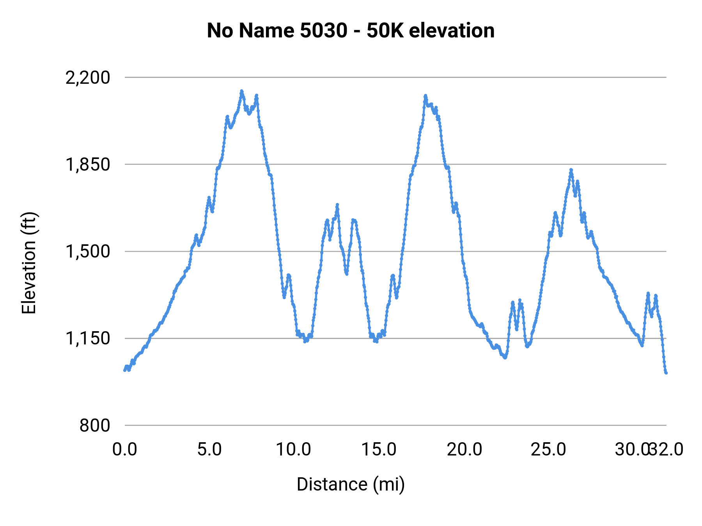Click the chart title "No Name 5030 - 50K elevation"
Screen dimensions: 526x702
click(x=351, y=30)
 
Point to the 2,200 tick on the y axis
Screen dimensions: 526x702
click(x=88, y=78)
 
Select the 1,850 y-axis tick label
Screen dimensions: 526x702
click(x=88, y=164)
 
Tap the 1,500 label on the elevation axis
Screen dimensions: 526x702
click(x=88, y=251)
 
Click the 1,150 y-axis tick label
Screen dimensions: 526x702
click(x=88, y=338)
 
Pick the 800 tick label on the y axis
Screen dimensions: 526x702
click(x=95, y=425)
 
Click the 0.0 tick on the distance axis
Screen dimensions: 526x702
click(x=125, y=449)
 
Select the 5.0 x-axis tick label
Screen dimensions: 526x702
click(x=209, y=449)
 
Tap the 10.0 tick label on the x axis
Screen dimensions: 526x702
click(x=294, y=449)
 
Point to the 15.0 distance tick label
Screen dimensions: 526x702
click(x=379, y=449)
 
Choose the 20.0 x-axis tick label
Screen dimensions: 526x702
click(x=464, y=449)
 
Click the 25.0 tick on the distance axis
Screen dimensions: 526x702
click(x=548, y=449)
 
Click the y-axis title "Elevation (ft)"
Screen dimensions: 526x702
click(x=29, y=263)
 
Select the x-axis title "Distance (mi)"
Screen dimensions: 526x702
click(x=351, y=484)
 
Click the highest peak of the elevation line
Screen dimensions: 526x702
click(x=241, y=91)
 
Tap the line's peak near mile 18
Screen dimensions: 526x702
click(x=425, y=95)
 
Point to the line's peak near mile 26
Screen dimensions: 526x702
click(x=571, y=170)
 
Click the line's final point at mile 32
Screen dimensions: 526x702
click(x=666, y=373)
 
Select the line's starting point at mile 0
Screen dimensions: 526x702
click(x=125, y=370)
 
